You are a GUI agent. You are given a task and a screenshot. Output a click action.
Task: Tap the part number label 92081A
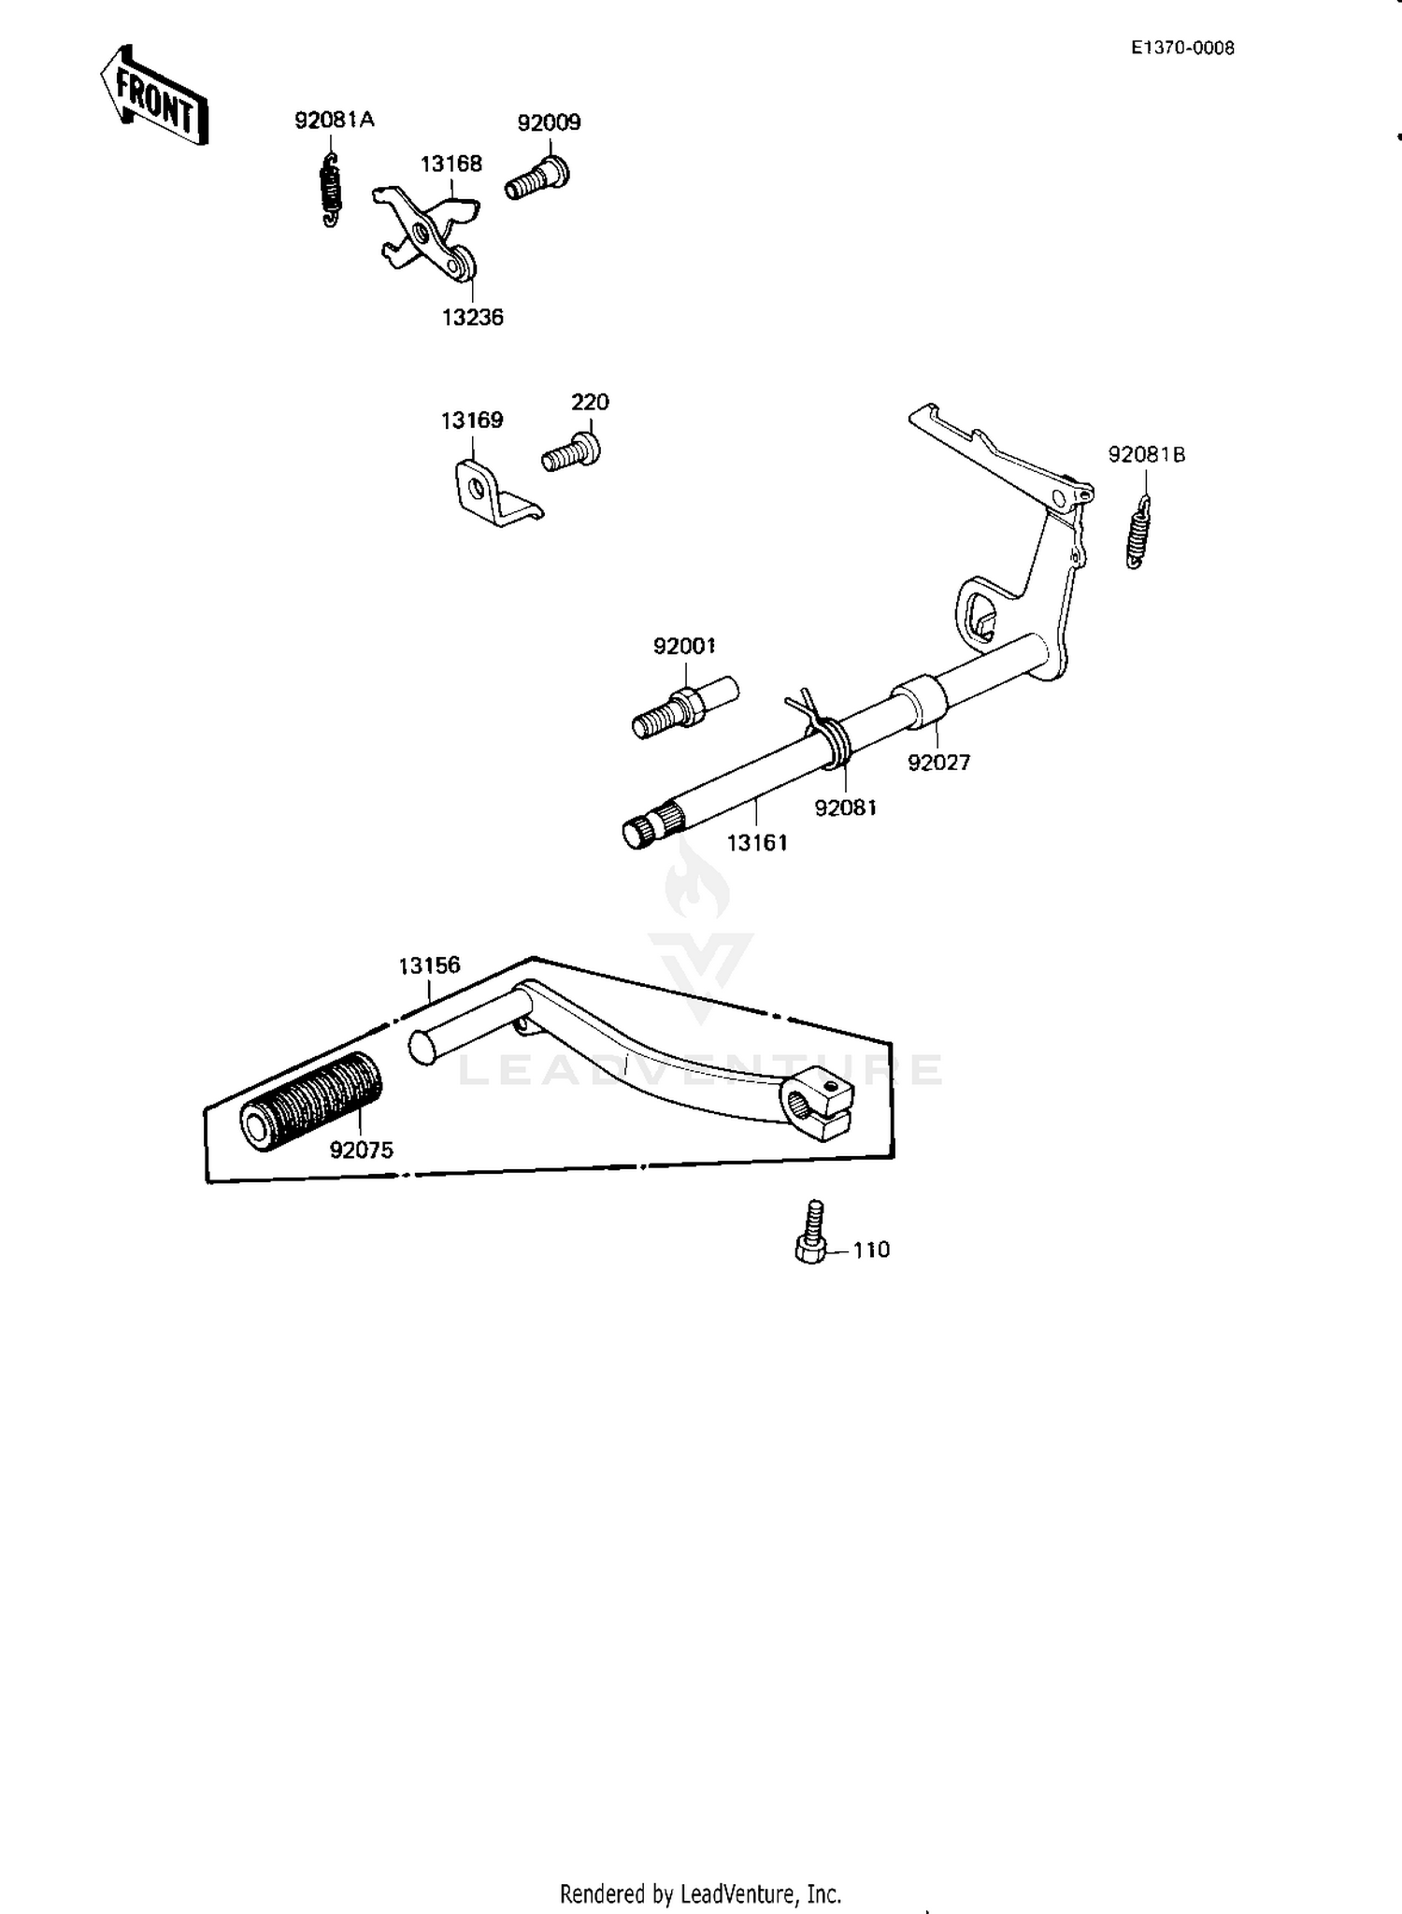coord(334,120)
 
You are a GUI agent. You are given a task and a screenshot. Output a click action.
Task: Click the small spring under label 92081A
coord(331,190)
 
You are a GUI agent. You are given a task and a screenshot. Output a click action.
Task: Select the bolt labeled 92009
coord(538,178)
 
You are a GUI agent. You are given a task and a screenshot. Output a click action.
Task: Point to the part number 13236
coord(472,318)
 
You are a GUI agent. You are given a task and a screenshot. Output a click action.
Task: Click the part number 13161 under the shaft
coord(757,843)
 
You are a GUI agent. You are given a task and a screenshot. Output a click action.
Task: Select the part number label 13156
coord(429,965)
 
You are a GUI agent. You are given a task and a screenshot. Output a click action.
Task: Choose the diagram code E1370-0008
coord(1182,49)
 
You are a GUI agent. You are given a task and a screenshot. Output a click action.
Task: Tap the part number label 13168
coord(451,164)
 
